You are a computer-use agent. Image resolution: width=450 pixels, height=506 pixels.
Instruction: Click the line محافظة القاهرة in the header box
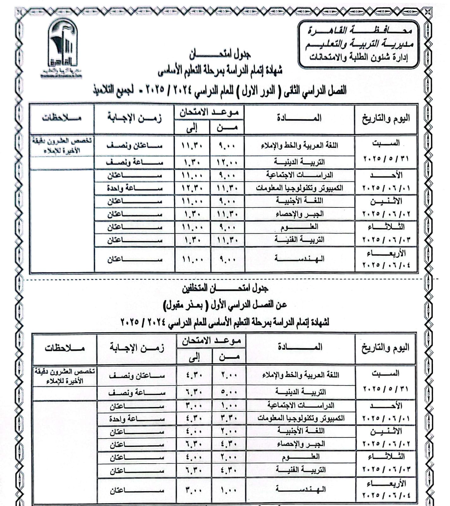(x=360, y=31)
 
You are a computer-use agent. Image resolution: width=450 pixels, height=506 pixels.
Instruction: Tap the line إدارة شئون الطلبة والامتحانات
(x=358, y=58)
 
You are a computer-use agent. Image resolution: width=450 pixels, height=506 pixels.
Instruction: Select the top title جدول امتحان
(x=220, y=55)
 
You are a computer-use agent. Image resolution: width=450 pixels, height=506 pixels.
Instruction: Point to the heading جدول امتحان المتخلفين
(x=225, y=288)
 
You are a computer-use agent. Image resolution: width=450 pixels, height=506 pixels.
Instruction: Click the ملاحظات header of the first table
(x=62, y=118)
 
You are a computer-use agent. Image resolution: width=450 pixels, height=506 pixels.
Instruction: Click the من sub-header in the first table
(x=227, y=128)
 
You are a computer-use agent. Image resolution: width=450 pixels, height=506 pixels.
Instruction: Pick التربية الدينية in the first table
(x=299, y=162)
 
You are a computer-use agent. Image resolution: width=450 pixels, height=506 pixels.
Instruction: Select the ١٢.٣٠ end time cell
(x=192, y=188)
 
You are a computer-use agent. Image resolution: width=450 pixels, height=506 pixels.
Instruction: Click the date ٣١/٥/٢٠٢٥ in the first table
(x=386, y=158)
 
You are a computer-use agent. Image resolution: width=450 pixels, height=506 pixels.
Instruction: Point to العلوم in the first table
(x=299, y=227)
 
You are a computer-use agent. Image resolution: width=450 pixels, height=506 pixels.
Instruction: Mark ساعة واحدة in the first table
(x=135, y=188)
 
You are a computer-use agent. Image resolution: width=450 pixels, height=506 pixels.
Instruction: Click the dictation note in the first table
(x=62, y=145)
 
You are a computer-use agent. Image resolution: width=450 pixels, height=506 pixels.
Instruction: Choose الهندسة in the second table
(x=300, y=489)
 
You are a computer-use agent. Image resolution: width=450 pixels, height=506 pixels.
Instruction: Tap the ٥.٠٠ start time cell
(x=228, y=392)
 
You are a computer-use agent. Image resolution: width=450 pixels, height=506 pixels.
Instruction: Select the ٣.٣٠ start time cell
(x=228, y=418)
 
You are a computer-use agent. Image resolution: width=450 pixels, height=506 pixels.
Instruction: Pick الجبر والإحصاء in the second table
(x=301, y=444)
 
